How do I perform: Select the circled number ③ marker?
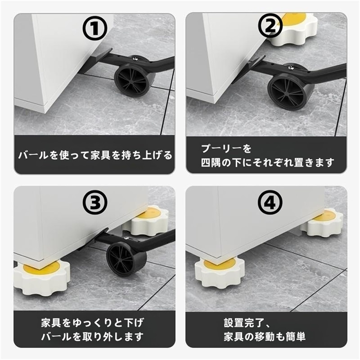tap(95, 202)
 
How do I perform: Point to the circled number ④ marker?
tap(270, 202)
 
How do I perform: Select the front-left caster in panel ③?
tap(41, 277)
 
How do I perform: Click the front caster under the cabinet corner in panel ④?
tap(220, 272)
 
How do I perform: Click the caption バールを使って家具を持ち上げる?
tap(95, 155)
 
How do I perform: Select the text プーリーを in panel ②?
tap(226, 148)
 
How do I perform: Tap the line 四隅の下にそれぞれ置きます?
tap(267, 162)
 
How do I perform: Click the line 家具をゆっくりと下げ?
tap(93, 323)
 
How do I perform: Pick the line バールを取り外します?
tap(93, 337)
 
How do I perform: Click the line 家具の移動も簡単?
tap(265, 337)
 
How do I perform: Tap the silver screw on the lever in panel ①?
tap(135, 59)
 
